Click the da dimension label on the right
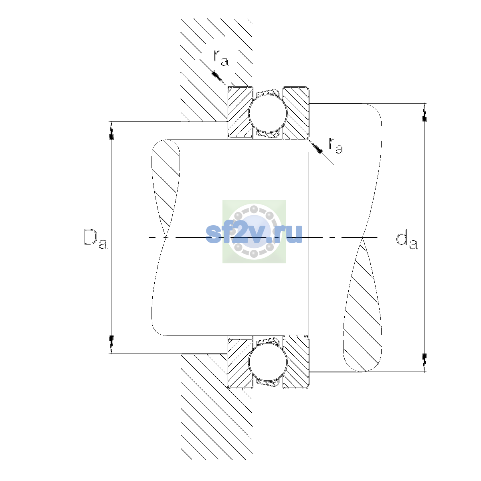[x=407, y=240]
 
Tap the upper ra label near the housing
[x=221, y=58]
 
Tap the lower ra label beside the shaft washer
[x=336, y=145]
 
